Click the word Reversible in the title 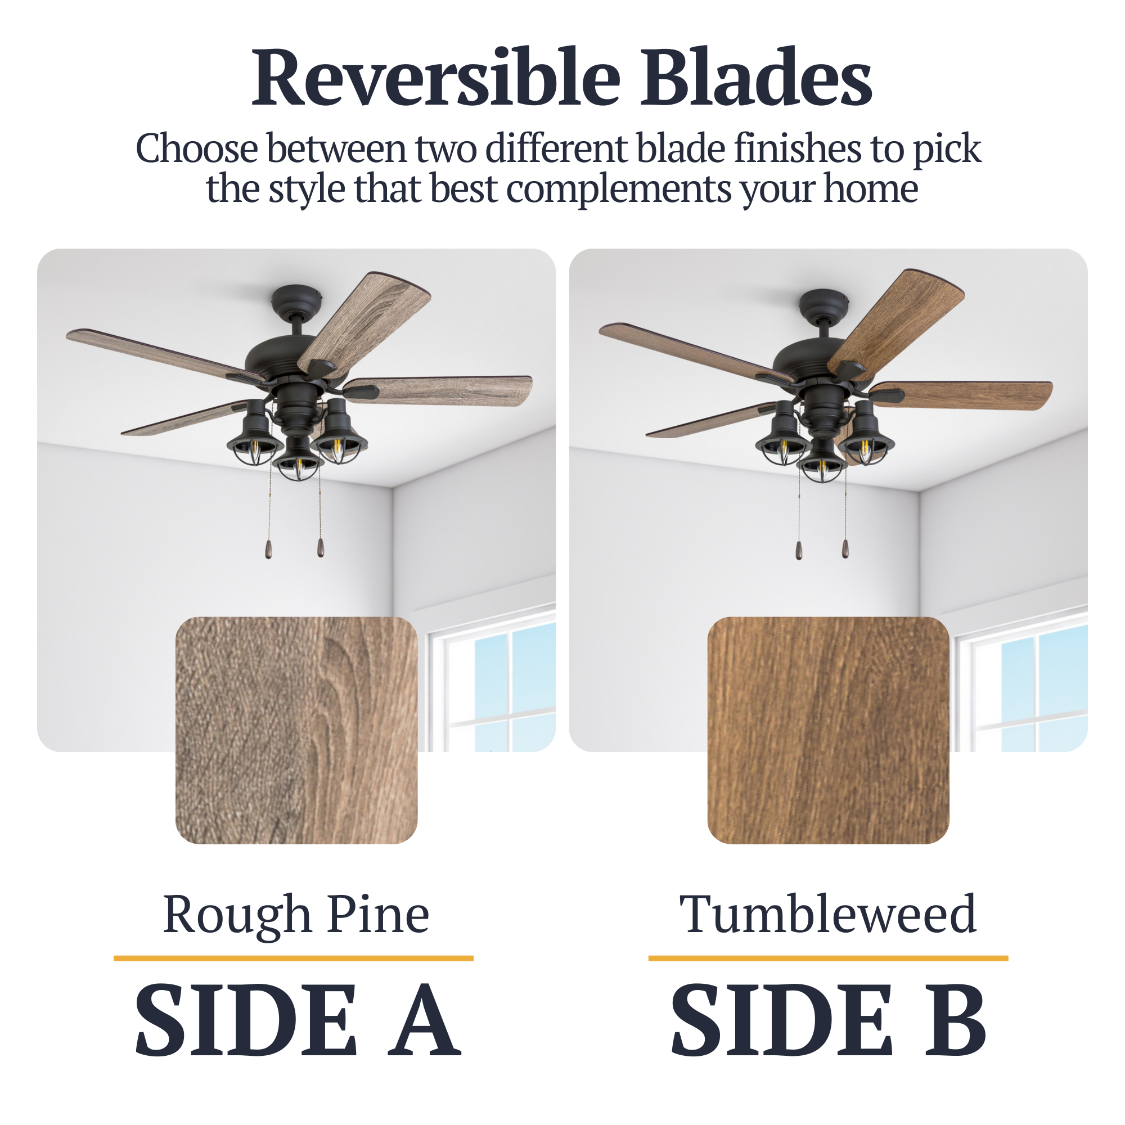pyautogui.click(x=436, y=79)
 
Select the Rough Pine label pyautogui.click(x=296, y=915)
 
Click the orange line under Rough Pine pyautogui.click(x=294, y=958)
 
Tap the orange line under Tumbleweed pyautogui.click(x=828, y=958)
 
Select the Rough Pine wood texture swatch pyautogui.click(x=296, y=730)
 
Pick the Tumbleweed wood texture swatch pyautogui.click(x=828, y=730)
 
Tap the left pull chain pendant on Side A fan pyautogui.click(x=268, y=550)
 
